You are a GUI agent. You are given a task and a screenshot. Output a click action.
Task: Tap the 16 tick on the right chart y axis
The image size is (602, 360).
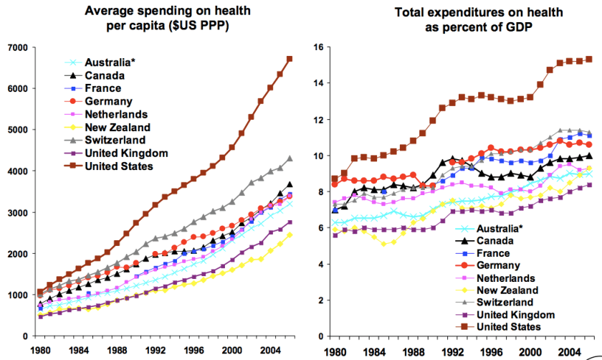coord(322,47)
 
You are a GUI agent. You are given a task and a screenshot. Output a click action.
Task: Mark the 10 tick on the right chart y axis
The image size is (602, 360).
coord(322,156)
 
